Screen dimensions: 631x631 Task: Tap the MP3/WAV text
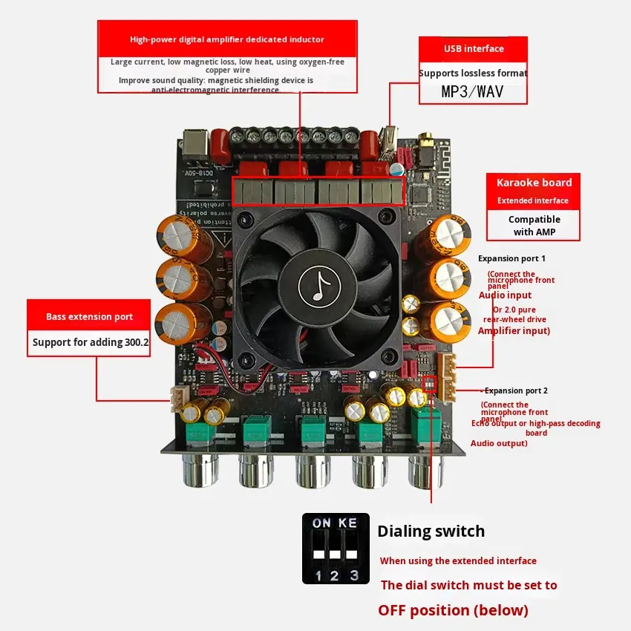point(473,92)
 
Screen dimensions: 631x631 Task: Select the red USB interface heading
point(474,49)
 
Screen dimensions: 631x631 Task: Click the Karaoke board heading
point(534,183)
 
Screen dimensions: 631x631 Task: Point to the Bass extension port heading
point(89,317)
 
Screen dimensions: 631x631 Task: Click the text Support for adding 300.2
point(89,343)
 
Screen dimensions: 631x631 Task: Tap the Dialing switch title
point(431,532)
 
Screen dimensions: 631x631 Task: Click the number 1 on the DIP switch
point(318,575)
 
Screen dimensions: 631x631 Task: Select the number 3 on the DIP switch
point(354,575)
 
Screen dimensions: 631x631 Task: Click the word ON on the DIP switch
point(321,523)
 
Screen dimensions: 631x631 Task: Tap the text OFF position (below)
point(453,610)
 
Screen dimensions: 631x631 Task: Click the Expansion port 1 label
point(511,258)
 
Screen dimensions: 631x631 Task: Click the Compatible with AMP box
point(534,226)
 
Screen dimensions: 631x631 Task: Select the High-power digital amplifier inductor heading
point(226,39)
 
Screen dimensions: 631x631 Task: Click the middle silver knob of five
point(313,471)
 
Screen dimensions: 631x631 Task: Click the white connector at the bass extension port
point(178,399)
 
